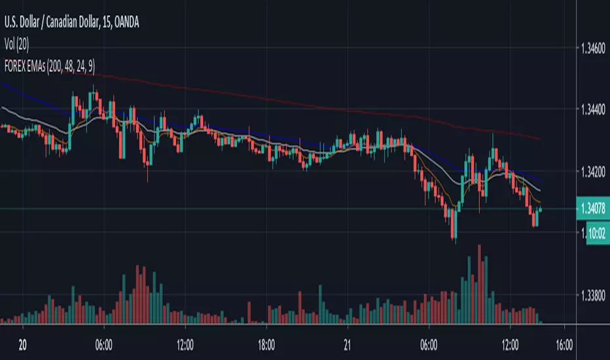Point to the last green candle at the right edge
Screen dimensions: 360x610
pos(541,209)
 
